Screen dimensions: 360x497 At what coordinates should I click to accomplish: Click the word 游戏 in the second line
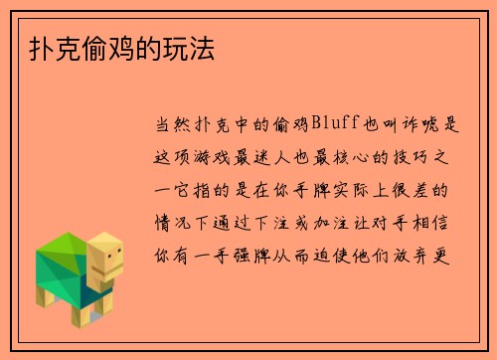click(232, 156)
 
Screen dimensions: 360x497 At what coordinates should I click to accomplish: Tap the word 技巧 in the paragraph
click(429, 156)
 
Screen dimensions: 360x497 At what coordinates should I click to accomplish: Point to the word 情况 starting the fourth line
click(166, 221)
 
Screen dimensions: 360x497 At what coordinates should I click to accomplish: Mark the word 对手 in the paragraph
click(397, 221)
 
